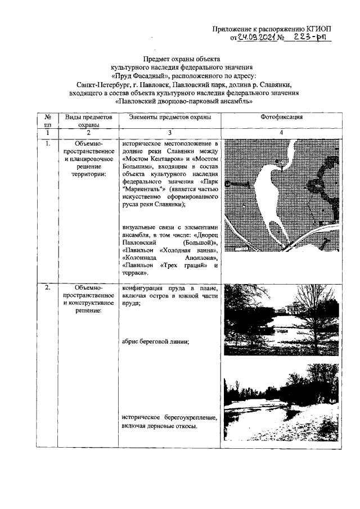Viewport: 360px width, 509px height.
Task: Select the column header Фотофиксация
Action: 282,117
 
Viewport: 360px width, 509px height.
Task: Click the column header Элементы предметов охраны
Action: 169,117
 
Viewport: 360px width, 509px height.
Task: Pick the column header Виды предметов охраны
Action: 89,120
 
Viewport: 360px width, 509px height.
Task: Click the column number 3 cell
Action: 169,132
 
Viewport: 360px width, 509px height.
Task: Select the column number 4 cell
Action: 282,132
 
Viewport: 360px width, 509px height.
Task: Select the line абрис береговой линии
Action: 155,341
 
